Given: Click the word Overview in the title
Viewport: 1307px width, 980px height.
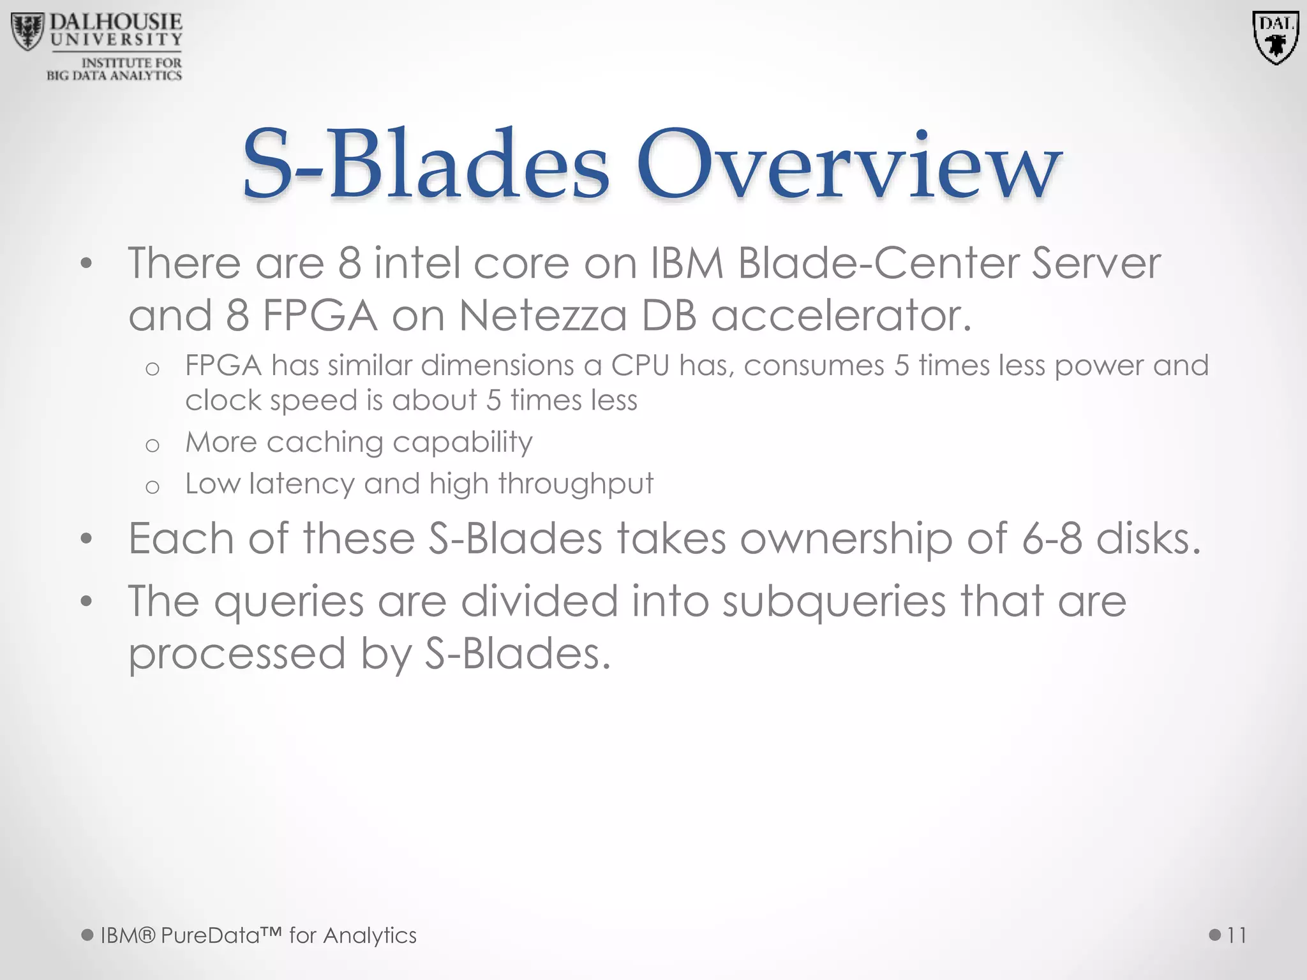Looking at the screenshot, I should coord(849,164).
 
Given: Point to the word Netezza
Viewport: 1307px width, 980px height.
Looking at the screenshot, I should coord(543,316).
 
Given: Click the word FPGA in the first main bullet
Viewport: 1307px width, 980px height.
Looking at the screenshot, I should coord(320,316).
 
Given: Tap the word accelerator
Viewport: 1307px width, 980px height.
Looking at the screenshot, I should coord(841,316).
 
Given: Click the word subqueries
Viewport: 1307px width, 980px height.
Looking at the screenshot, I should coord(833,602).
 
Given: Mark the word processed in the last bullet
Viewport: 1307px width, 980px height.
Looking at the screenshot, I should coord(237,655).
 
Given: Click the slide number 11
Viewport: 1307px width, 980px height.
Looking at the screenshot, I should coord(1236,935).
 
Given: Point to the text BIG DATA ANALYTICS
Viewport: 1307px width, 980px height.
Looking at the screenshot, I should coord(114,76).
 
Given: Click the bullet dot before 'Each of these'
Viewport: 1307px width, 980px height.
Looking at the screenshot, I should coord(87,539).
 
